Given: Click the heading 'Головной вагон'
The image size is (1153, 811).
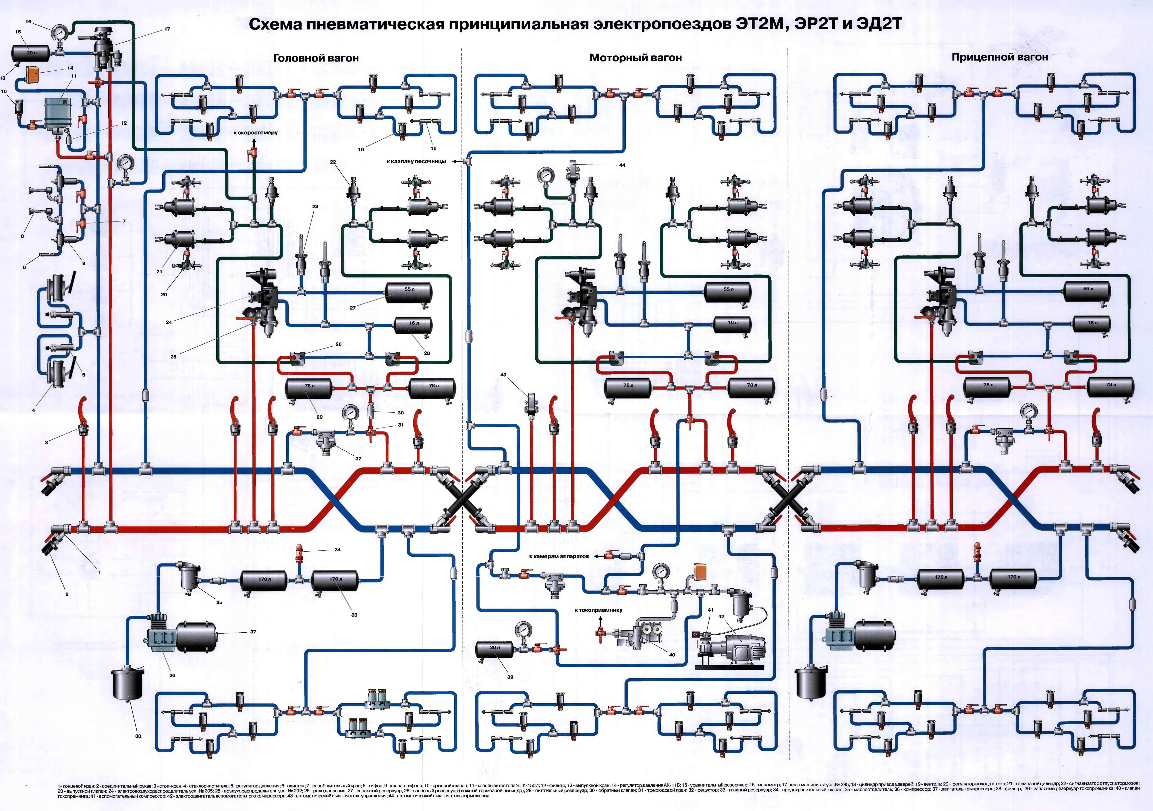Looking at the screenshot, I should pos(316,58).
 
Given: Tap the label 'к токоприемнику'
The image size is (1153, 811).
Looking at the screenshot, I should pos(598,610).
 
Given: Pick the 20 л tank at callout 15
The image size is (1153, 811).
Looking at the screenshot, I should pos(30,52).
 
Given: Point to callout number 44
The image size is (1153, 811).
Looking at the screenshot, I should pos(622,165).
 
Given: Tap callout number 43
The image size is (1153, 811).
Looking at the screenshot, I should pos(503,375).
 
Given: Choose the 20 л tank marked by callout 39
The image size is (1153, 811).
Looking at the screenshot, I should pos(494,649).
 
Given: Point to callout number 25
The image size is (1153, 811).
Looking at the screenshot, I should pos(173,357).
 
